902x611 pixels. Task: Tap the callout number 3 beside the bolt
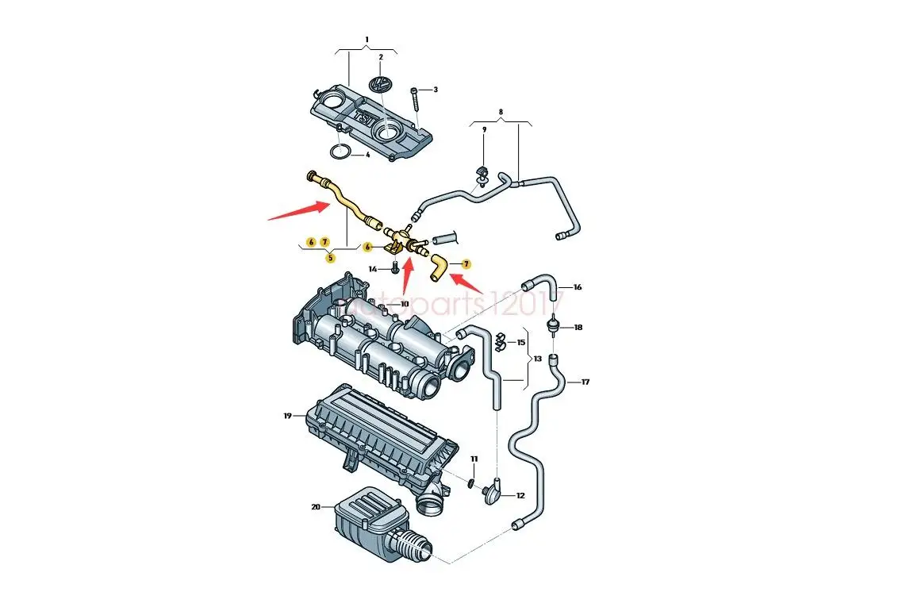point(435,90)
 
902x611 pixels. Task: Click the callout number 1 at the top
point(367,39)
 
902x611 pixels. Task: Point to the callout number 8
point(501,112)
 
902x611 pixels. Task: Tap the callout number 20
point(317,506)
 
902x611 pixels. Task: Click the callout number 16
point(577,287)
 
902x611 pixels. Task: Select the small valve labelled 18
point(553,326)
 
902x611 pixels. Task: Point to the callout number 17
point(585,382)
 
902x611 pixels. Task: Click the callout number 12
point(520,496)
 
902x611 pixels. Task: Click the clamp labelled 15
point(501,342)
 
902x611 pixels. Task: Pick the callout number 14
point(372,270)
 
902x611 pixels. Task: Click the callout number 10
point(404,304)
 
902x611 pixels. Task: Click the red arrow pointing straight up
point(406,274)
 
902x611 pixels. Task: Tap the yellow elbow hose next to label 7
point(437,268)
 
